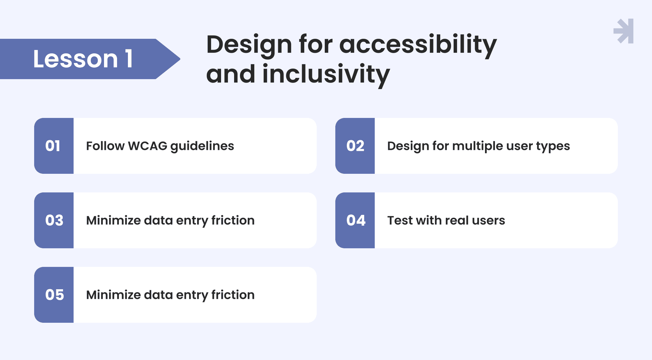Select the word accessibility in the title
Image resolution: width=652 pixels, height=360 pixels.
[x=418, y=45]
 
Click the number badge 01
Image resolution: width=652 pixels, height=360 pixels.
[x=54, y=146]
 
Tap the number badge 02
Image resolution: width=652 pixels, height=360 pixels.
[x=355, y=146]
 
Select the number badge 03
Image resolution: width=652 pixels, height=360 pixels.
[x=54, y=220]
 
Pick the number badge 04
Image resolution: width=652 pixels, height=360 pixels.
[x=355, y=220]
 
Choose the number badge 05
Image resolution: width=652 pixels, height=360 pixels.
[x=54, y=295]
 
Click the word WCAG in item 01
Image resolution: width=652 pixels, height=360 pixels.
[x=147, y=146]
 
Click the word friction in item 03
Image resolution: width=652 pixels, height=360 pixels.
[x=233, y=220]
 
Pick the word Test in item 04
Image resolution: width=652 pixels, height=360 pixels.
[x=400, y=220]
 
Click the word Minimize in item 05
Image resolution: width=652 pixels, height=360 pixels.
[x=114, y=295]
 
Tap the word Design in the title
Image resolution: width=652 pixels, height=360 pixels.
[x=249, y=45]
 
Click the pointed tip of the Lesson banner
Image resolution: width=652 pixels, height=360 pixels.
[x=180, y=59]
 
